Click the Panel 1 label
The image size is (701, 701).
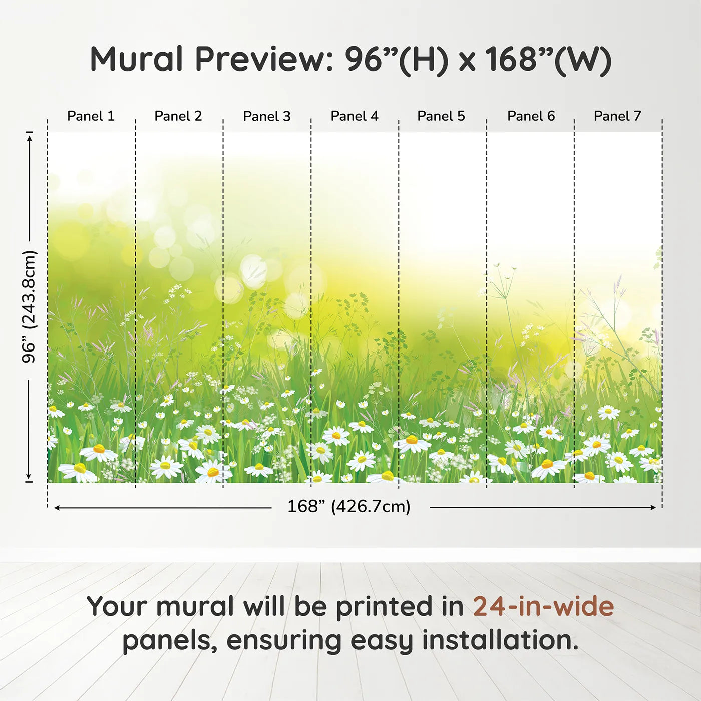click(91, 116)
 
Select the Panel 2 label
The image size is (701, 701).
click(178, 116)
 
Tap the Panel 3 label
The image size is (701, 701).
click(267, 116)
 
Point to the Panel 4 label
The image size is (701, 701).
click(355, 116)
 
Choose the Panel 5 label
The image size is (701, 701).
click(441, 116)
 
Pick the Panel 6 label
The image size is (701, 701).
click(531, 116)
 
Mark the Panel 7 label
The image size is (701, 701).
click(617, 116)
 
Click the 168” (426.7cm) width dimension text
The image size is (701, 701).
click(349, 507)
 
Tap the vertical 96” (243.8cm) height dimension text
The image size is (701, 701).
click(29, 306)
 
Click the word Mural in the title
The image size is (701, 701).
click(136, 59)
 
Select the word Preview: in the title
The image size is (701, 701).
click(264, 59)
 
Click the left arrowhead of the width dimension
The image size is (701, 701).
click(57, 507)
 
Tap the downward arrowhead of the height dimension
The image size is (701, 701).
click(29, 476)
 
